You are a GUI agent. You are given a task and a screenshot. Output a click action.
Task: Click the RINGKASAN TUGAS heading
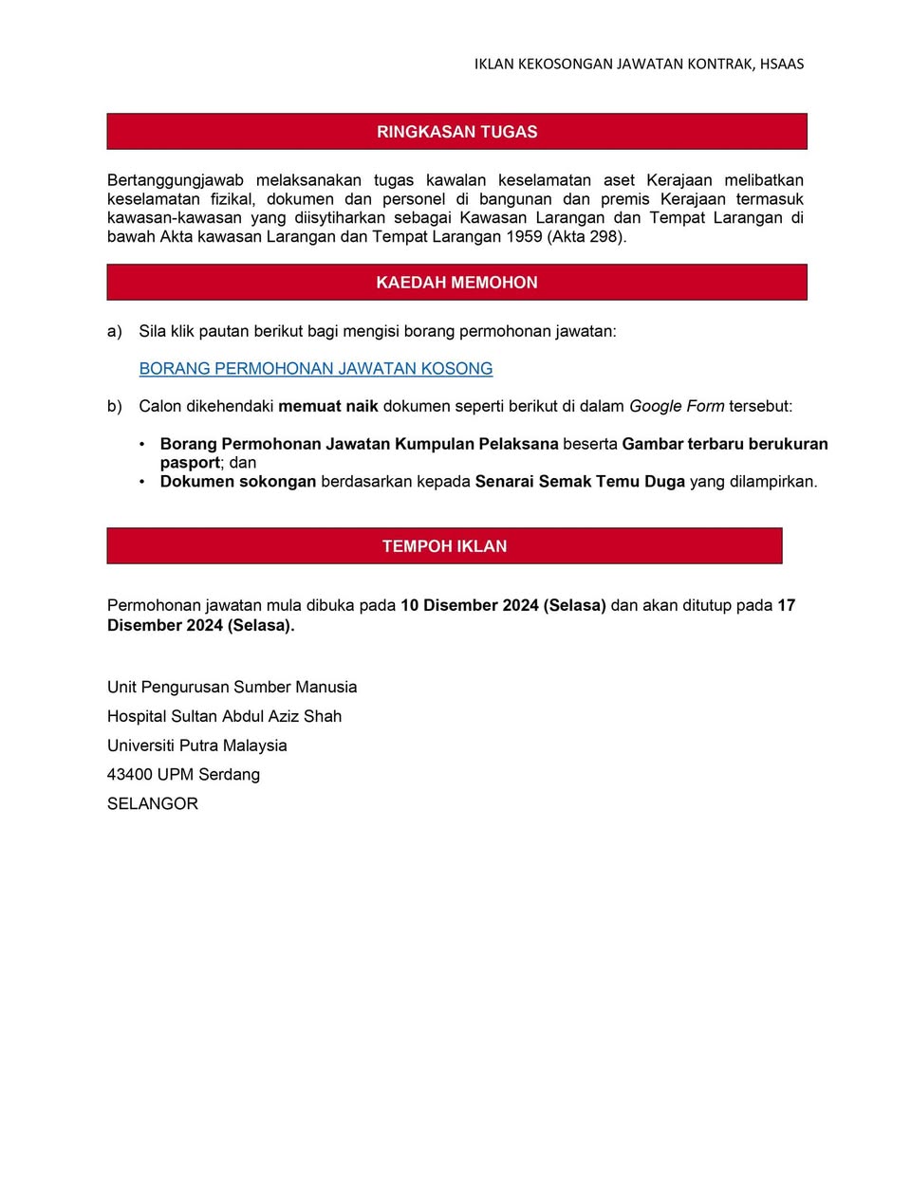click(456, 132)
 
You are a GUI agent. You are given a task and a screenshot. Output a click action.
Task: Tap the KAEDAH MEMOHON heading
click(456, 283)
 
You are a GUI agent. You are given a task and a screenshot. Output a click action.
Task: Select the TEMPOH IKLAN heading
click(444, 546)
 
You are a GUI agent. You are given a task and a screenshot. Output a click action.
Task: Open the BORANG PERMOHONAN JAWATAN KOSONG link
click(316, 369)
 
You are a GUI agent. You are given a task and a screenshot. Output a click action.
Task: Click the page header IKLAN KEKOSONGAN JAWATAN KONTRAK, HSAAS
click(639, 64)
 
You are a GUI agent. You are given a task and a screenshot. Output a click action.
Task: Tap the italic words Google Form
click(677, 406)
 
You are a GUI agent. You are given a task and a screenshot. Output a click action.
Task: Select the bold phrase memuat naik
click(327, 406)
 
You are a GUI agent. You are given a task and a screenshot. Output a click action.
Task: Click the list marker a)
click(115, 331)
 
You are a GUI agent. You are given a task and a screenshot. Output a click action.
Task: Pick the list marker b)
click(115, 406)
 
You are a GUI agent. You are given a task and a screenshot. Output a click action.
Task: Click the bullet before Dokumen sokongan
click(142, 482)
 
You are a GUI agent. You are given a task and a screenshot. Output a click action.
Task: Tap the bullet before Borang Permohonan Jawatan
click(142, 444)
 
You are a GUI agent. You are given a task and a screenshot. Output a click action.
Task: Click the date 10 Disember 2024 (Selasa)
click(503, 605)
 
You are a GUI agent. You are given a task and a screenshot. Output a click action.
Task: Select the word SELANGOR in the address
click(153, 803)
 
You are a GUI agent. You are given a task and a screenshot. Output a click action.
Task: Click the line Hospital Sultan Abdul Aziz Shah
click(224, 716)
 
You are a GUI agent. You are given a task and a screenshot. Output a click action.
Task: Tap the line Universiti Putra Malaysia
click(197, 745)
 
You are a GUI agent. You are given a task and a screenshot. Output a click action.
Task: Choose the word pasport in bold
click(190, 463)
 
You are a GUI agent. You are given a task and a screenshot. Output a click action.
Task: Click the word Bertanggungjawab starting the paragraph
click(176, 180)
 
